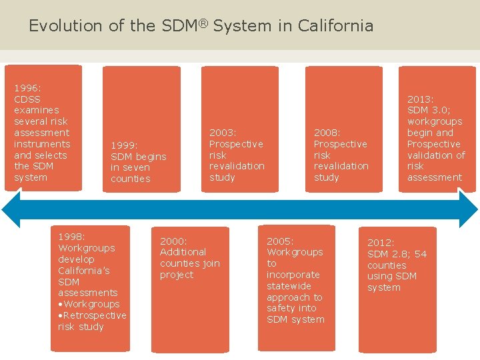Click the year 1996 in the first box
[x=27, y=88]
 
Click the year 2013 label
[x=421, y=99]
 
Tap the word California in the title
[x=335, y=26]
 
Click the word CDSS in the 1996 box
[x=27, y=99]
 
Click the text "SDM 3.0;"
[x=429, y=111]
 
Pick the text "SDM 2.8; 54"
[x=397, y=254]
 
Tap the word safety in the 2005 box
[x=281, y=308]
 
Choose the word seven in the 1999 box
[x=136, y=167]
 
